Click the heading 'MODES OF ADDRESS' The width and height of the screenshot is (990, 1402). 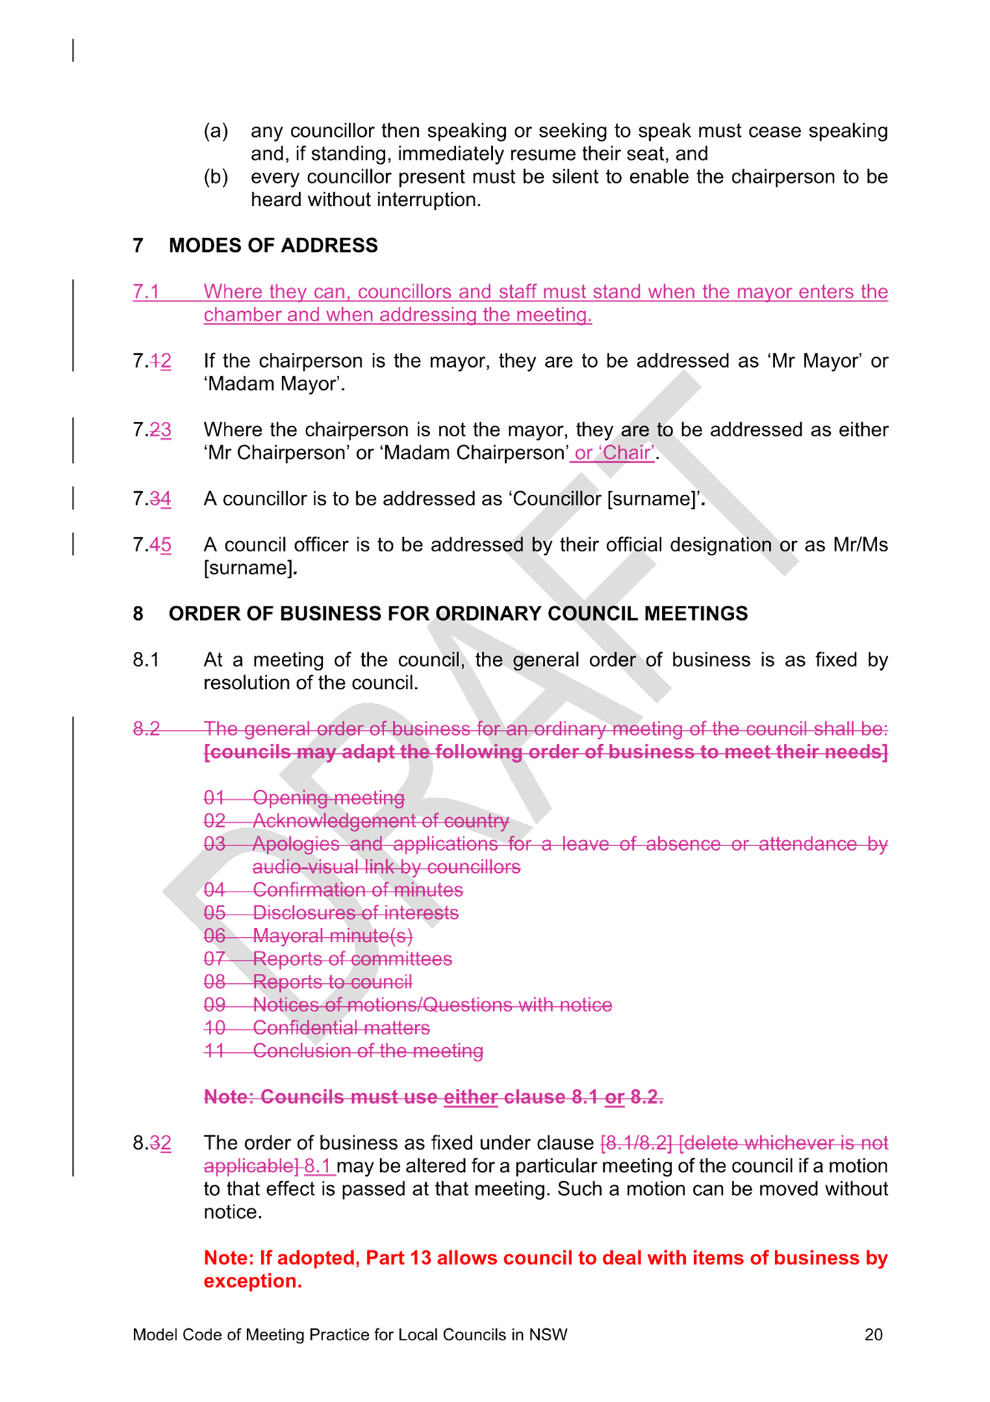273,246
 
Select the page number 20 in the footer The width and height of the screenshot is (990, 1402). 873,1334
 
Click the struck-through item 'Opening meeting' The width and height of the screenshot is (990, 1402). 329,798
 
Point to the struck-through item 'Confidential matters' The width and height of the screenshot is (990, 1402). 341,1028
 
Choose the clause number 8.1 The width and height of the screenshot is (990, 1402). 146,660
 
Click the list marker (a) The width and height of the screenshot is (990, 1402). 216,131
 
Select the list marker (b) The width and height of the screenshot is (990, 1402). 216,177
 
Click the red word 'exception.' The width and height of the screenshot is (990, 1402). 253,1281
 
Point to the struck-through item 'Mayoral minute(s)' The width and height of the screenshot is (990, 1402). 332,935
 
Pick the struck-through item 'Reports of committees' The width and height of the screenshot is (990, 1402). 353,958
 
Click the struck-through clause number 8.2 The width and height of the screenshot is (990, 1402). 147,729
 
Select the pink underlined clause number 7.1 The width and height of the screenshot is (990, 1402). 147,292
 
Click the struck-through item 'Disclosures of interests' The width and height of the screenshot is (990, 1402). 356,912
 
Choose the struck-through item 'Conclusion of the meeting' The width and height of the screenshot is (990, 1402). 368,1051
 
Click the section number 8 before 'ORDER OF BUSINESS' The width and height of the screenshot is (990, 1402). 138,614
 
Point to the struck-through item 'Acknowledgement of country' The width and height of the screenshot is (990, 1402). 381,821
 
